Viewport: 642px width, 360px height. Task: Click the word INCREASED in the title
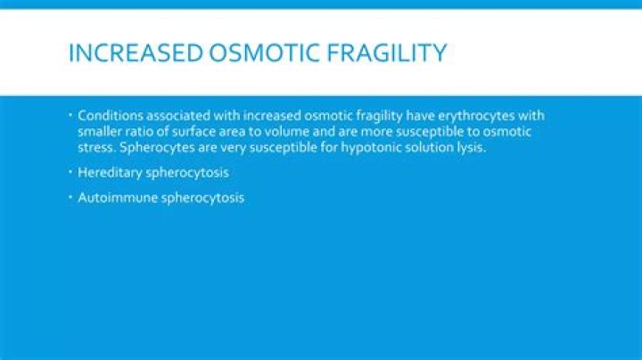pyautogui.click(x=136, y=53)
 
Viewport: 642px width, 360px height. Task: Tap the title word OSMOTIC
pyautogui.click(x=264, y=53)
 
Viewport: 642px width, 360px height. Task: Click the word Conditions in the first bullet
pyautogui.click(x=111, y=116)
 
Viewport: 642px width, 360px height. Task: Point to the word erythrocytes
pyautogui.click(x=476, y=117)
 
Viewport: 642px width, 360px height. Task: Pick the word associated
pyautogui.click(x=178, y=116)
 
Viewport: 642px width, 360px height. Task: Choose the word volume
pyautogui.click(x=286, y=132)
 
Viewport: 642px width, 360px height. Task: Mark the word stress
pyautogui.click(x=97, y=147)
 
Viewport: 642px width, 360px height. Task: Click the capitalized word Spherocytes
pyautogui.click(x=157, y=148)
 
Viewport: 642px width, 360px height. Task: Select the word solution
pyautogui.click(x=430, y=147)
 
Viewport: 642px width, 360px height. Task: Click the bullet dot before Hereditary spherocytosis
pyautogui.click(x=70, y=172)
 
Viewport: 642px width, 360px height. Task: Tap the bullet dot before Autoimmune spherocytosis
pyautogui.click(x=70, y=198)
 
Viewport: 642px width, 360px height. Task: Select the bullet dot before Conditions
pyautogui.click(x=70, y=115)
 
